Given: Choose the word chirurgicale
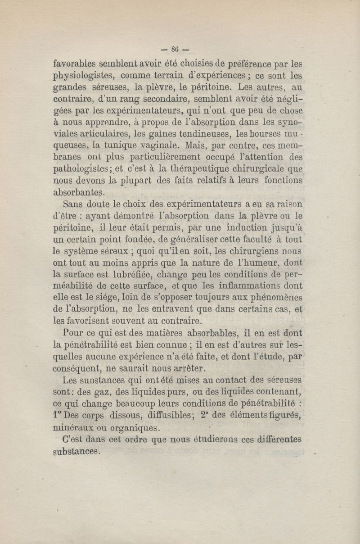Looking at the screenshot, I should click(258, 169).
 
